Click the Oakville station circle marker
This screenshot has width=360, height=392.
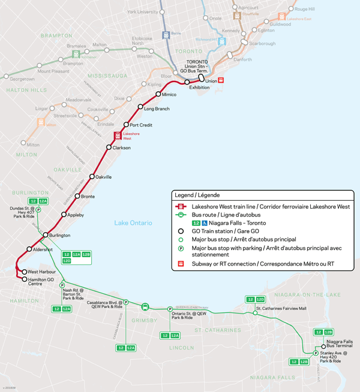(x=92, y=177)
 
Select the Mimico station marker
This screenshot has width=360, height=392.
(x=157, y=95)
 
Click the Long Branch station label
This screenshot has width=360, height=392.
(x=158, y=108)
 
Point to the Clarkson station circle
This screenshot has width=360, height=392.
(x=109, y=147)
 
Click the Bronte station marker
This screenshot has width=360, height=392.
(x=77, y=196)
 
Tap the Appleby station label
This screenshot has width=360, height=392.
(x=76, y=215)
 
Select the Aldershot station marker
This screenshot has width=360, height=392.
(x=29, y=249)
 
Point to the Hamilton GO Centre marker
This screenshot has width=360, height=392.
(x=25, y=279)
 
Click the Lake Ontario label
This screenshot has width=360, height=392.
(x=133, y=223)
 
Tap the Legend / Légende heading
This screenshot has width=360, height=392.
(x=197, y=195)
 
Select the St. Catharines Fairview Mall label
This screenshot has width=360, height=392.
(x=281, y=309)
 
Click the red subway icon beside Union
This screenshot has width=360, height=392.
(x=221, y=80)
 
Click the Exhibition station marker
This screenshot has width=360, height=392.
(x=187, y=82)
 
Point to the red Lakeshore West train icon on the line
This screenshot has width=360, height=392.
(x=118, y=134)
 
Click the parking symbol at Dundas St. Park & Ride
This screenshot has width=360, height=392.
(x=38, y=210)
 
